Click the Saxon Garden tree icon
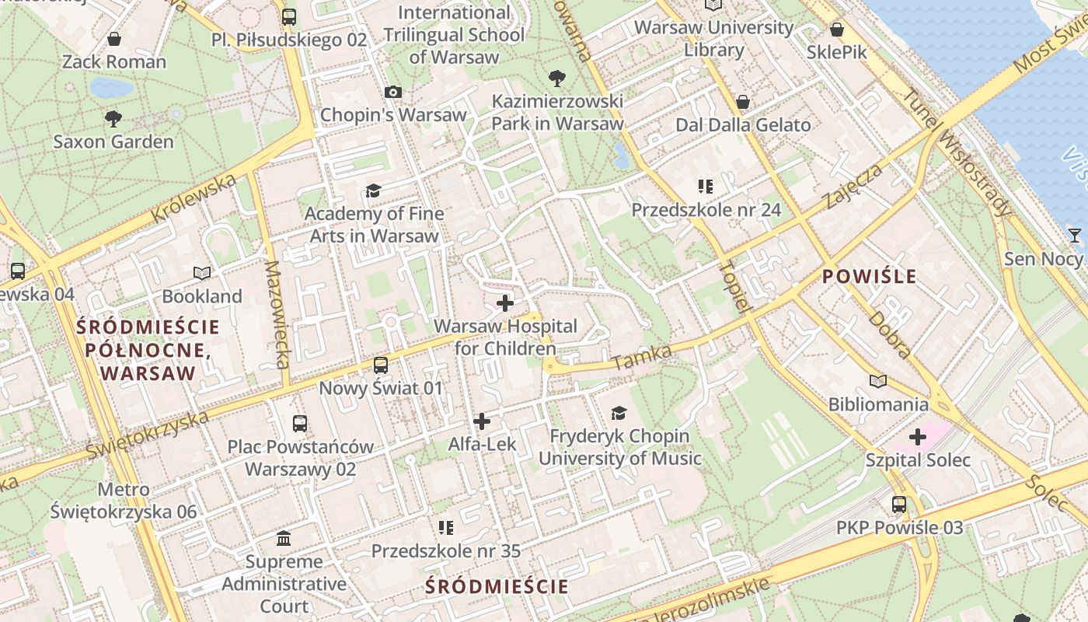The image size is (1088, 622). coord(113,119)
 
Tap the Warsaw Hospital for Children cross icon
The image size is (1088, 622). coord(505,303)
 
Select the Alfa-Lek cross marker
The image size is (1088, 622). coord(482,421)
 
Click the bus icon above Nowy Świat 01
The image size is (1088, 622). coord(381,365)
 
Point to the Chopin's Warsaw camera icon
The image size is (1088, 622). coord(393,93)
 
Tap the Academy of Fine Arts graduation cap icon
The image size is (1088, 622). coord(374,191)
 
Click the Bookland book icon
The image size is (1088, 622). coord(202,274)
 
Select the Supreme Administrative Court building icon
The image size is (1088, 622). coord(284,538)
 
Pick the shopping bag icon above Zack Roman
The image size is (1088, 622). coord(114,39)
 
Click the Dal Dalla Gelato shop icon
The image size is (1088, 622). coord(743,103)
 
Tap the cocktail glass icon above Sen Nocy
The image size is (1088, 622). coord(1075,236)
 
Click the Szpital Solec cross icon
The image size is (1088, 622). coord(918,437)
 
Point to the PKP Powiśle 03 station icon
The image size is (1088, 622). coord(899,505)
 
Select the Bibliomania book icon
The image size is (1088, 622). coord(878,382)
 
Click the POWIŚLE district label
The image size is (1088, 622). coord(870,276)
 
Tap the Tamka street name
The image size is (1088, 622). coord(642,357)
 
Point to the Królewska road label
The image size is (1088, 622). coord(194,198)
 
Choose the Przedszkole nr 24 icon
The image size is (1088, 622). coord(706,187)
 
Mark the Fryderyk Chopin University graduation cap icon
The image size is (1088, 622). coord(619,413)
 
